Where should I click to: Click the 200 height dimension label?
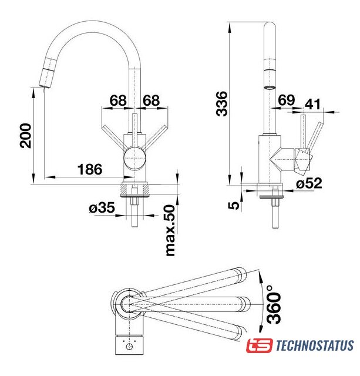pyautogui.click(x=25, y=136)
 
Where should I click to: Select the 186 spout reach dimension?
pyautogui.click(x=90, y=169)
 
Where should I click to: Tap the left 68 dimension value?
pyautogui.click(x=118, y=100)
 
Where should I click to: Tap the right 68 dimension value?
pyautogui.click(x=152, y=100)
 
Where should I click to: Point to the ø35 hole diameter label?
pyautogui.click(x=102, y=207)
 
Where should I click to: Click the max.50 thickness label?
pyautogui.click(x=170, y=230)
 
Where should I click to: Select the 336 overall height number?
pyautogui.click(x=221, y=103)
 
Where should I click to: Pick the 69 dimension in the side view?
pyautogui.click(x=286, y=100)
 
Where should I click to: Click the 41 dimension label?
pyautogui.click(x=312, y=104)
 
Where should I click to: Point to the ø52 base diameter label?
pyautogui.click(x=309, y=183)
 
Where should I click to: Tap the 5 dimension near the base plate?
pyautogui.click(x=234, y=205)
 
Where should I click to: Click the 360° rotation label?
pyautogui.click(x=274, y=304)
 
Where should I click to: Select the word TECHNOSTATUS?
pyautogui.click(x=315, y=345)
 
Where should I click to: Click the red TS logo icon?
pyautogui.click(x=260, y=345)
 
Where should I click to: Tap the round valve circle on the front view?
pyautogui.click(x=134, y=158)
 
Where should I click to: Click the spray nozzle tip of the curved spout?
pyautogui.click(x=45, y=86)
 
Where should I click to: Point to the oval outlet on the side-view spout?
pyautogui.click(x=270, y=88)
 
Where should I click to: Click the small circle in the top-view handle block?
pyautogui.click(x=129, y=347)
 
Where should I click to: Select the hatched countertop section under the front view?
pyautogui.click(x=136, y=189)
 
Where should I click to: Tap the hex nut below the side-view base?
pyautogui.click(x=275, y=202)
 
